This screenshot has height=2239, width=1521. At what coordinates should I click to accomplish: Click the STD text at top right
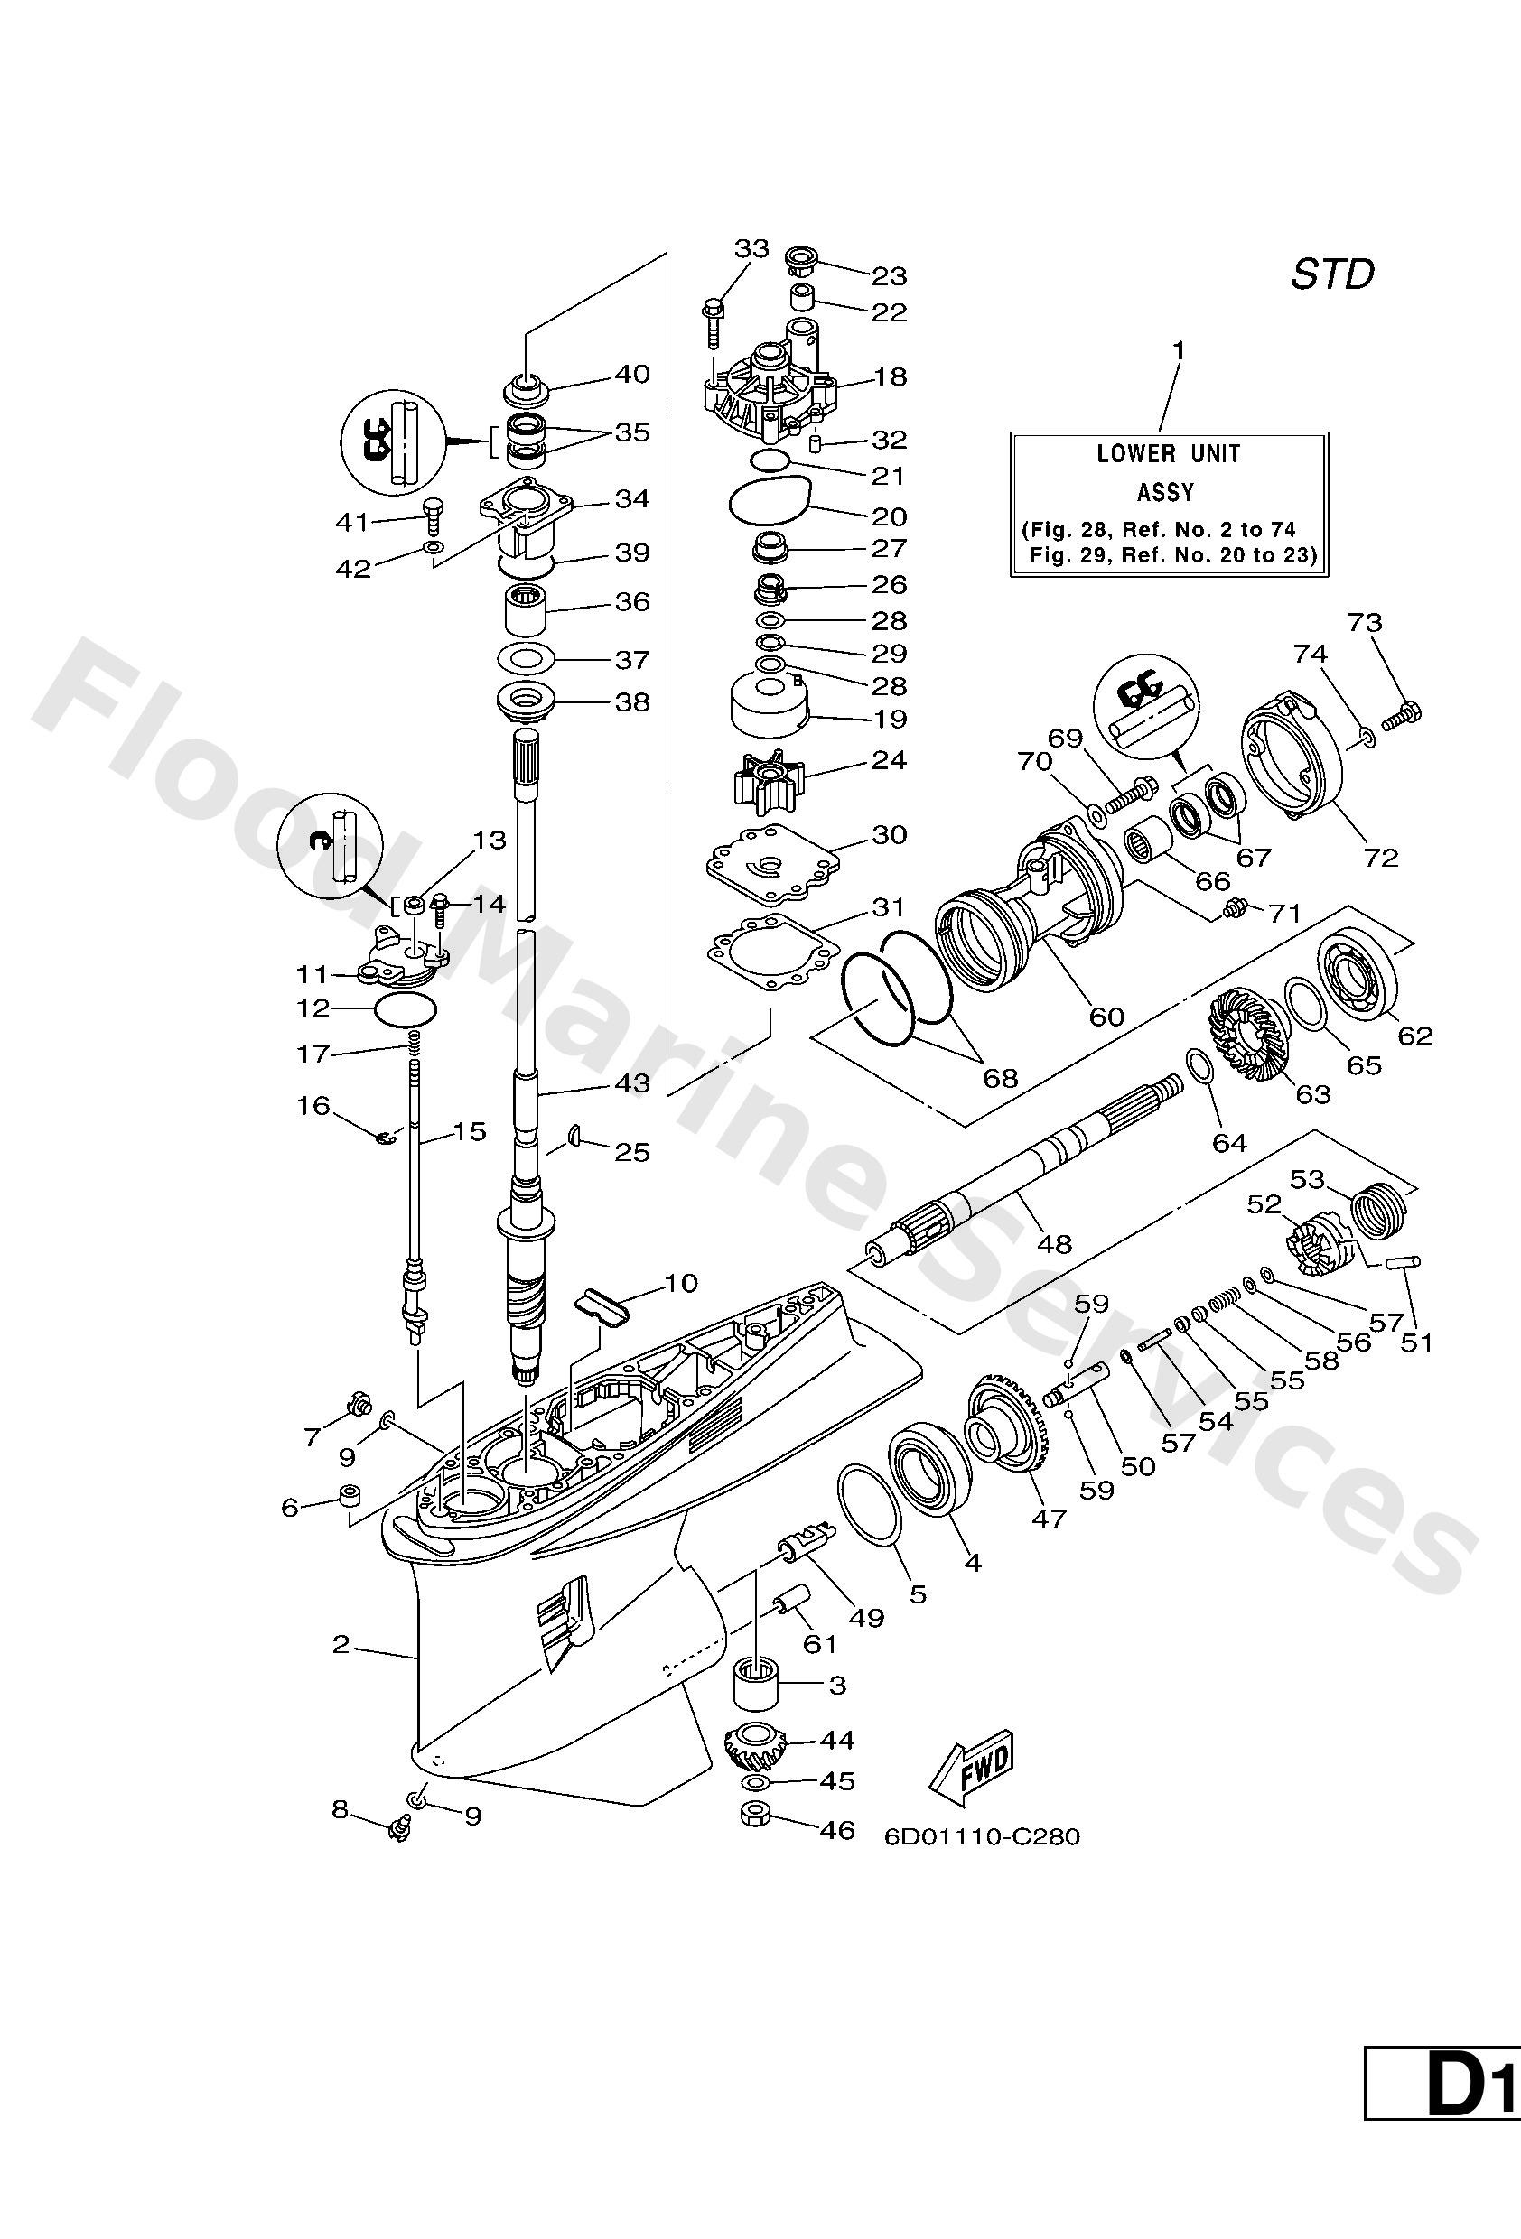[1331, 275]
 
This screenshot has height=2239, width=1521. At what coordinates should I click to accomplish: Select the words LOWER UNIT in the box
[1168, 454]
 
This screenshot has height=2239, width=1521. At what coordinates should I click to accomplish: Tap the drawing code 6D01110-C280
[981, 1837]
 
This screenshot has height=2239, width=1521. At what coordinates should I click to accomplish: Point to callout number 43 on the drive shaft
[631, 1082]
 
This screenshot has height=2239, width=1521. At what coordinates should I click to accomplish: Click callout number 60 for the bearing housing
[1106, 1016]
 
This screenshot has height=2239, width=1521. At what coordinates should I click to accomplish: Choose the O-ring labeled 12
[405, 1009]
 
